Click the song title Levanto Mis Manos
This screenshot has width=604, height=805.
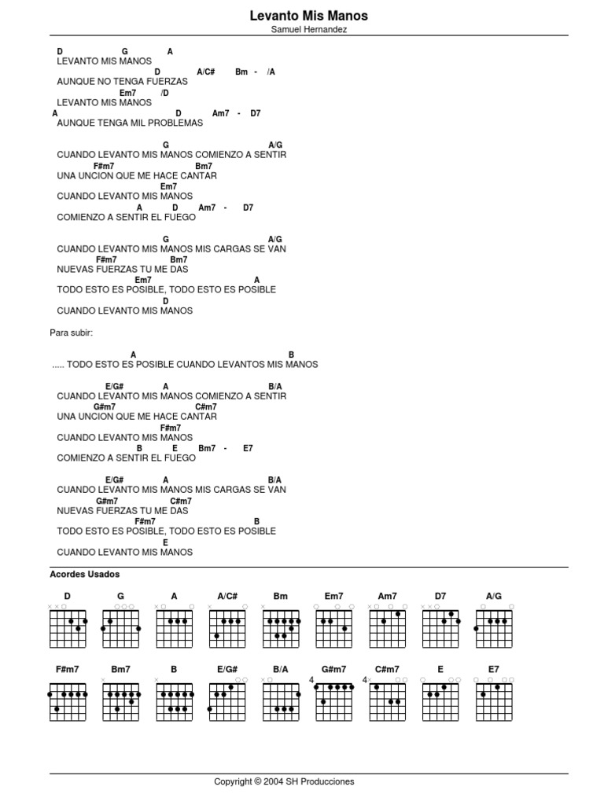308,16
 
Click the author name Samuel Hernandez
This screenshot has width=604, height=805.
308,29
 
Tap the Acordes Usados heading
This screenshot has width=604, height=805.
84,575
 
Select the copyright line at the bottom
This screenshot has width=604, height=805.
284,781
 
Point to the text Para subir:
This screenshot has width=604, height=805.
72,333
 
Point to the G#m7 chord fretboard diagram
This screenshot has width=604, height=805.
334,701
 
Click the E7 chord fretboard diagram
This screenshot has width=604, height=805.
494,701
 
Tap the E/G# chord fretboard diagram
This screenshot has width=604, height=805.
228,701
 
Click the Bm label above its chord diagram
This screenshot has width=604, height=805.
281,597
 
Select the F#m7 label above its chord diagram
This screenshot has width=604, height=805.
68,670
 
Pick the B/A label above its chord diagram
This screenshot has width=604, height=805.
281,670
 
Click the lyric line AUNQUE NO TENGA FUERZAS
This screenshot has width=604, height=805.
122,81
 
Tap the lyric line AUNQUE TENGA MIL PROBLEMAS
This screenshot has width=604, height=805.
130,123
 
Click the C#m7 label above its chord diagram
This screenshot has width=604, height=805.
387,670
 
